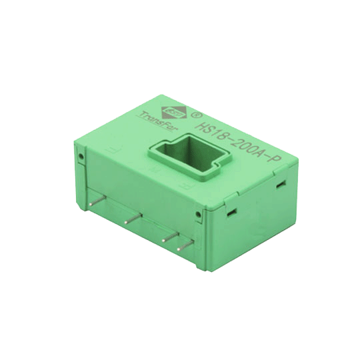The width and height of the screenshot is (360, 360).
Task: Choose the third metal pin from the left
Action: [168, 235]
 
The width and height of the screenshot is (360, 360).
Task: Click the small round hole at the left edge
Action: [81, 158]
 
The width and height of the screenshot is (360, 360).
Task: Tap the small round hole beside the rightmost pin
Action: [197, 214]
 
